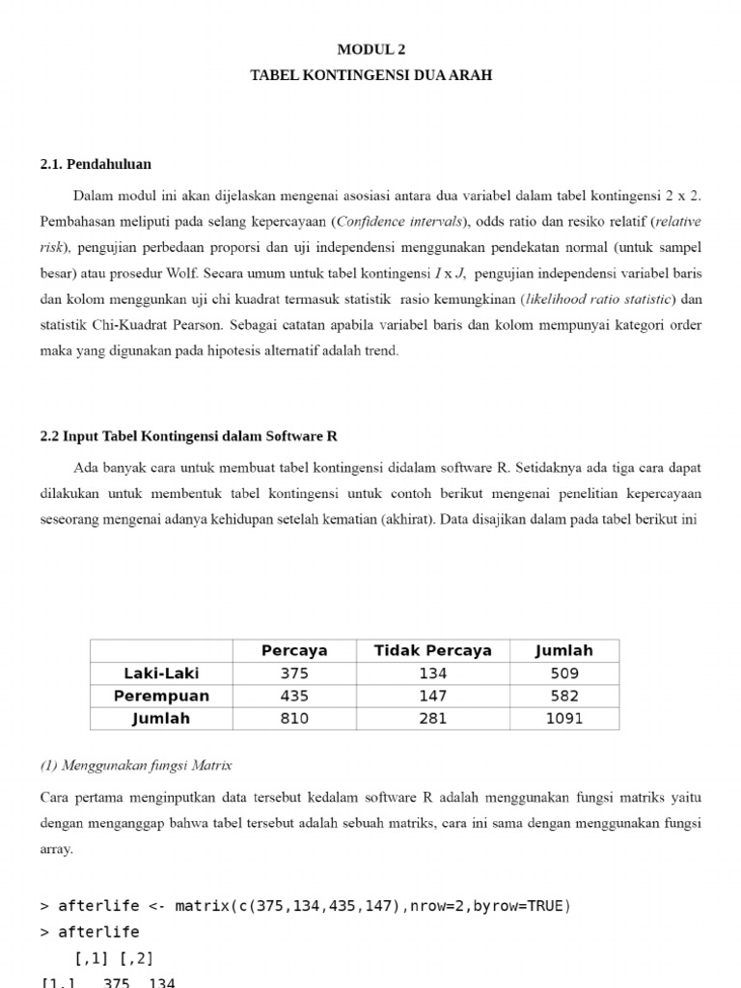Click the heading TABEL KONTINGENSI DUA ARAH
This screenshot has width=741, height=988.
(370, 74)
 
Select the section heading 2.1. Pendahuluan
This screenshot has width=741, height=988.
(96, 164)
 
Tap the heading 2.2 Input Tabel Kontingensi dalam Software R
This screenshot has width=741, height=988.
(189, 435)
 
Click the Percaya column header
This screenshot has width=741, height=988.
(294, 650)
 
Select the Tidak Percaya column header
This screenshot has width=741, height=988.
(432, 650)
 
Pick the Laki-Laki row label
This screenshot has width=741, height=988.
(161, 672)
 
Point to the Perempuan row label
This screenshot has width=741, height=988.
(161, 696)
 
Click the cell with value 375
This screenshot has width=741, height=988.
(294, 672)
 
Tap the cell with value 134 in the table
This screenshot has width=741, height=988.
(432, 672)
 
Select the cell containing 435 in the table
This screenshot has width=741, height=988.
(294, 696)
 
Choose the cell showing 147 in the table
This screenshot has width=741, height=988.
(432, 696)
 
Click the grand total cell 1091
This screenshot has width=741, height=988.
(563, 718)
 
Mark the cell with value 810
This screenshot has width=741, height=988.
(294, 718)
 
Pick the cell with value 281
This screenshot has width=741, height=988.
(432, 718)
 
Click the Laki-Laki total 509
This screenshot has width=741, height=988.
(563, 672)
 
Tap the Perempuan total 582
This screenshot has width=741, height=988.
(563, 696)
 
